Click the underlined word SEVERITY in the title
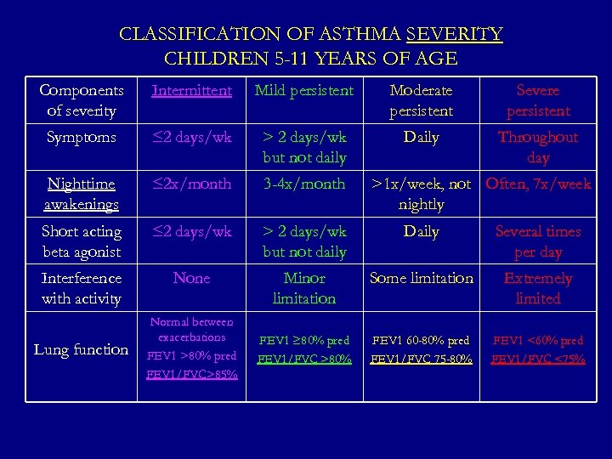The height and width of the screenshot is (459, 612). [455, 35]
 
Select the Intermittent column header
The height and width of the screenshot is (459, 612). [191, 90]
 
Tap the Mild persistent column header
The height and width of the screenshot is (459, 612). [304, 90]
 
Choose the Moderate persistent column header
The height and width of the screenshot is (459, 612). [421, 100]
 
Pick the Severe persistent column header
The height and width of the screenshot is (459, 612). [538, 100]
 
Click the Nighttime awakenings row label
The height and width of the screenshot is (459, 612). [82, 194]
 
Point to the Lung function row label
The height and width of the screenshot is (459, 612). [82, 349]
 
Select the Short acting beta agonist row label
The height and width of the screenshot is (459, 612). [82, 241]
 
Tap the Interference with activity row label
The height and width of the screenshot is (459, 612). [82, 288]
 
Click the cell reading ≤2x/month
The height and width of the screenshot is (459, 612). [191, 184]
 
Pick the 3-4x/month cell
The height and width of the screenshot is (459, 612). [304, 184]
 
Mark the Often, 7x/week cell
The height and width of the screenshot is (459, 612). [538, 184]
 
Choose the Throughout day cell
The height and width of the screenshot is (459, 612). [538, 147]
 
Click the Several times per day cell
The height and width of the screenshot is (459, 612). [538, 241]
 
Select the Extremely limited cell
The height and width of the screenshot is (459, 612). [538, 288]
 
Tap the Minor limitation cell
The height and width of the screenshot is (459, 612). [304, 288]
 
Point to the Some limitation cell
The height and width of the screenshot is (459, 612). [421, 278]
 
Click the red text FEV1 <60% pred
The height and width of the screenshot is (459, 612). [538, 341]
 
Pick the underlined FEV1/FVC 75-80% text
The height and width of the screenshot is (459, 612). [421, 359]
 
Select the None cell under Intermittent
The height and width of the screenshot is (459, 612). [191, 278]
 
